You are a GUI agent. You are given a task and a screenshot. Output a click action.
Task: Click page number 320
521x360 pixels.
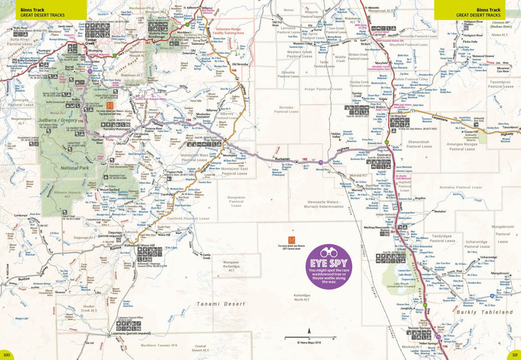coord(6,354)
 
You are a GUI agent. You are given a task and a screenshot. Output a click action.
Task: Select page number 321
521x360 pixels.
coord(514,354)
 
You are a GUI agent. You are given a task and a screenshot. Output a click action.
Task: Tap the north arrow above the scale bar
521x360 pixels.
coord(309,330)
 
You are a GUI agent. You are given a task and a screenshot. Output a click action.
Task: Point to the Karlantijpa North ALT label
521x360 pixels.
coord(302,297)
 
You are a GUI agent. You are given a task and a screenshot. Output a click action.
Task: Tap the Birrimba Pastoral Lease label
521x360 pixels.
coord(286,109)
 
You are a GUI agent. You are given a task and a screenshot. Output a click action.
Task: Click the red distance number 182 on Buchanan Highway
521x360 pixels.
coord(304,160)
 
